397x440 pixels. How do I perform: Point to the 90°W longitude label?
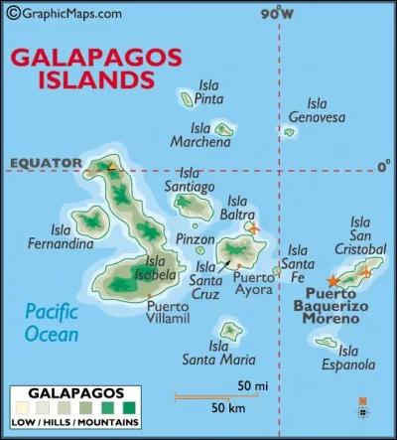[x=278, y=13]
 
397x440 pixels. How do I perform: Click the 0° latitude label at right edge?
[x=383, y=168]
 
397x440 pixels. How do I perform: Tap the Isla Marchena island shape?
[x=225, y=128]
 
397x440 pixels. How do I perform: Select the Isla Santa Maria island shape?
[x=230, y=330]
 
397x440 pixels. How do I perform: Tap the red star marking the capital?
[x=331, y=282]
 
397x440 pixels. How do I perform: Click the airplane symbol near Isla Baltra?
[x=255, y=228]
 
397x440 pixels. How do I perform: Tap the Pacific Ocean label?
[x=51, y=321]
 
